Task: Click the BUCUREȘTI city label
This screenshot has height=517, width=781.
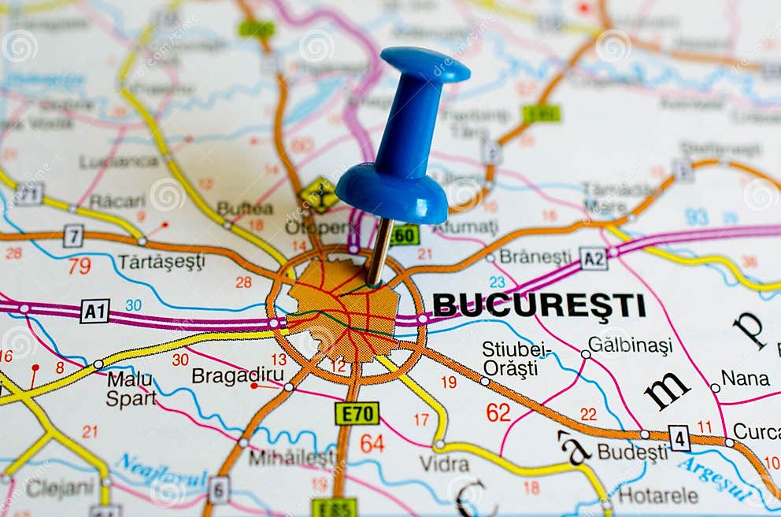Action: click(x=539, y=305)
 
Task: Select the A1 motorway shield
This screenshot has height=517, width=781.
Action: click(x=94, y=311)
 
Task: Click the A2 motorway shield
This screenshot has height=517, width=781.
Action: click(x=593, y=258)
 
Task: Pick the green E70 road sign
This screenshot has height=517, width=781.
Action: click(x=357, y=413)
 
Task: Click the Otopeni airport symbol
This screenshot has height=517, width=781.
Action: click(x=318, y=194)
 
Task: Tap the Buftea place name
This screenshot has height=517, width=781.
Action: click(x=245, y=209)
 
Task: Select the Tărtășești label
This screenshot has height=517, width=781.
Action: click(x=161, y=261)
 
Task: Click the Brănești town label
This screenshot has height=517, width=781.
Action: click(x=535, y=257)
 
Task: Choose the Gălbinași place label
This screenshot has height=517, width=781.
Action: click(x=630, y=345)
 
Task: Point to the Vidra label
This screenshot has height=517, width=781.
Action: click(x=444, y=463)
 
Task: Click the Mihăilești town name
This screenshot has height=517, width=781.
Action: click(x=292, y=457)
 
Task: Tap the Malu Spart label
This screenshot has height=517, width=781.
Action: click(x=130, y=389)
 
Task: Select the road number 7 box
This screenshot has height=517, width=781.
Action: click(x=73, y=234)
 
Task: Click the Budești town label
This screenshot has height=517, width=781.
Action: click(x=631, y=452)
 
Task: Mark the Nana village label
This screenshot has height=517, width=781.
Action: click(x=745, y=379)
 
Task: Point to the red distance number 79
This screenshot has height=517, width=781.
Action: click(x=79, y=266)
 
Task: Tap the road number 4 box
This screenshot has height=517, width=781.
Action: click(x=679, y=438)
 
